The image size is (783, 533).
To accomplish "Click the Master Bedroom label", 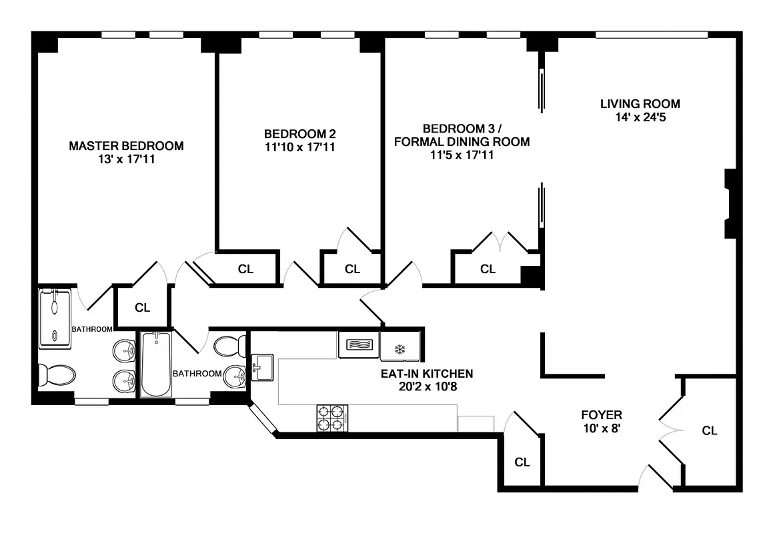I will [x=126, y=145].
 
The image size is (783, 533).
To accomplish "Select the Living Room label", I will [x=640, y=103].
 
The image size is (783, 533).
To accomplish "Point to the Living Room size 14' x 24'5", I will [x=640, y=117].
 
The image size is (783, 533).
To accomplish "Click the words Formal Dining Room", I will [x=462, y=141].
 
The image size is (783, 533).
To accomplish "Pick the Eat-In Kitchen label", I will [x=427, y=373].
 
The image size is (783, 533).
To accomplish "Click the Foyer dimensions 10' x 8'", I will [x=601, y=428].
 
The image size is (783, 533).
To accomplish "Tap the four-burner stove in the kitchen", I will [x=331, y=418].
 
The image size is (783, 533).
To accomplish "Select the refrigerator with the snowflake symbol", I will [x=400, y=348].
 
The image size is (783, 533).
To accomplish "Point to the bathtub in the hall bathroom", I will [x=155, y=364].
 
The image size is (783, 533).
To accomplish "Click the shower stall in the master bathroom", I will [x=54, y=317].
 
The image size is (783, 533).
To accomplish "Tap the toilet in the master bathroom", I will [x=53, y=375].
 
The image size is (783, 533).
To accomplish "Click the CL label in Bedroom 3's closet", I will [x=488, y=269].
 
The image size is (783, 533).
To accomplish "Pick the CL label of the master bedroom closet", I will [x=142, y=308].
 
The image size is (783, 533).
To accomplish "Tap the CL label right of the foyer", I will [x=710, y=430].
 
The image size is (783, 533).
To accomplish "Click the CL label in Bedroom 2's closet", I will [x=352, y=269].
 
